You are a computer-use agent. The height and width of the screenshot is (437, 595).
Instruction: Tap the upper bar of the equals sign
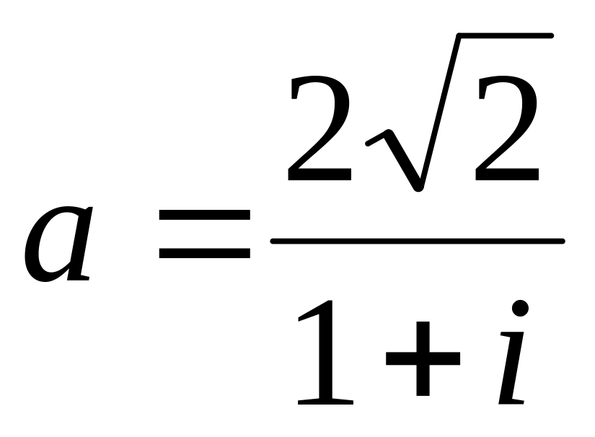[x=204, y=216]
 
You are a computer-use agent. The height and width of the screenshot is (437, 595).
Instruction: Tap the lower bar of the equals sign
[x=204, y=253]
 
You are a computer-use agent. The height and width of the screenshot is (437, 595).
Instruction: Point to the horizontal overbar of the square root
[x=505, y=35]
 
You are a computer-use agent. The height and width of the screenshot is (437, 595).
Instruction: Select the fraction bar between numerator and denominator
[x=417, y=241]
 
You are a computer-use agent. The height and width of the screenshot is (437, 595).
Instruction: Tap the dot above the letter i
[x=521, y=308]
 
